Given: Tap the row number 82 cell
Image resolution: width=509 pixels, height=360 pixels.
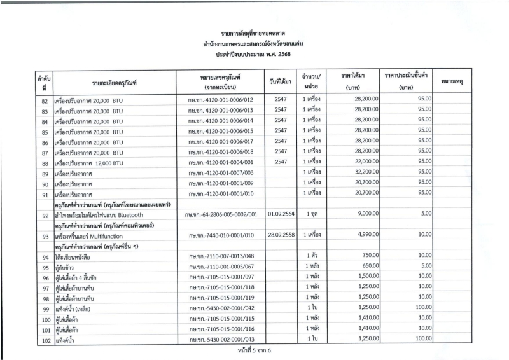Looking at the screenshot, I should click(x=45, y=100).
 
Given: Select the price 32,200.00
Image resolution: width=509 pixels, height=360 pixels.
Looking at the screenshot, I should click(x=358, y=174).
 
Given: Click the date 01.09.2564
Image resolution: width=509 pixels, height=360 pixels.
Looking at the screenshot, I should click(x=281, y=215).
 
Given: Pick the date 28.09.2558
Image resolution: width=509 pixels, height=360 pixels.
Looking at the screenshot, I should click(x=281, y=236).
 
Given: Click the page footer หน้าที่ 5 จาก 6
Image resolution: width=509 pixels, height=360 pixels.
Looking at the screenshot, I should click(x=254, y=354).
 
